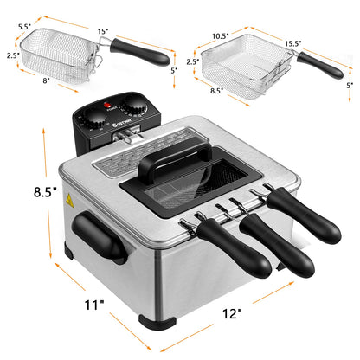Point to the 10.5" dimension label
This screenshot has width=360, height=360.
(x=221, y=36)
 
